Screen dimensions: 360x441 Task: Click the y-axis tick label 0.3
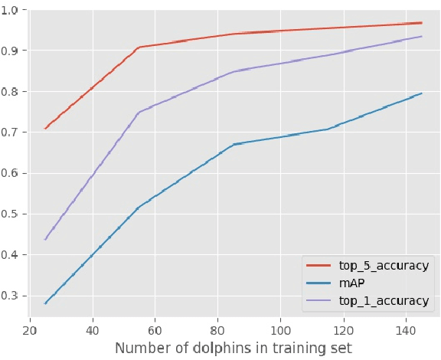(x=11, y=296)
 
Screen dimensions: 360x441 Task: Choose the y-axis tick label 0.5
(x=11, y=214)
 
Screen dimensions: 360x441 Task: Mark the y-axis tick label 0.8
(x=11, y=92)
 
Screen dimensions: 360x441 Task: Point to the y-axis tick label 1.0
(x=11, y=10)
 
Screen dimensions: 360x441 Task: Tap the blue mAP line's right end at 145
(x=421, y=93)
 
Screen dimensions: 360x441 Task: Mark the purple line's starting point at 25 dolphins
(x=46, y=239)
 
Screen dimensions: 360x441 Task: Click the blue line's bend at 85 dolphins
(x=234, y=144)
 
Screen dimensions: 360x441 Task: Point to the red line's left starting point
(x=46, y=128)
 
